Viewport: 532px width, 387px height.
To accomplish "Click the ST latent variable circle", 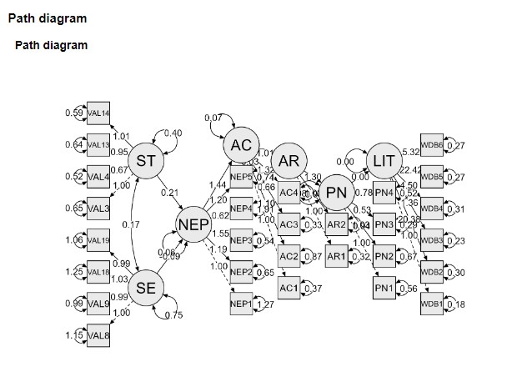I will click(146, 160).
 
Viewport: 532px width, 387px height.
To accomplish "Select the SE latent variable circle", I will click(146, 287).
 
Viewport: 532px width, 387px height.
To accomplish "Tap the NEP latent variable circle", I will click(193, 224).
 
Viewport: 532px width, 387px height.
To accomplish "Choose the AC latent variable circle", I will click(241, 146).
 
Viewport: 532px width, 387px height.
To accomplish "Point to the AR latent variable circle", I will click(289, 160).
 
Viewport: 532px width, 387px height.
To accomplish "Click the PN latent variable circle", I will click(337, 193).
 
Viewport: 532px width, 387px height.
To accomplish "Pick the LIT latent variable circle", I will click(384, 160).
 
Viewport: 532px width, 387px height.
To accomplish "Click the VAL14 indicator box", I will click(98, 113).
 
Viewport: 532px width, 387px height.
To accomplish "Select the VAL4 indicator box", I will click(98, 176).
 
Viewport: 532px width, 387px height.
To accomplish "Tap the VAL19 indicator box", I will click(98, 240).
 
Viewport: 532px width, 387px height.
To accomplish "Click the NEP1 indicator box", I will click(241, 304).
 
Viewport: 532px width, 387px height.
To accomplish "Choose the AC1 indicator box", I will click(289, 287).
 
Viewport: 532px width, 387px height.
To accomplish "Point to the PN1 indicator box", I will click(384, 287).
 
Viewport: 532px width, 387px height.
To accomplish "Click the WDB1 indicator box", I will click(432, 304).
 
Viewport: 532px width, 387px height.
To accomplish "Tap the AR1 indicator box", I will click(337, 256).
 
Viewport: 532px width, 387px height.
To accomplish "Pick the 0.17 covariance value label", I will click(129, 224).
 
